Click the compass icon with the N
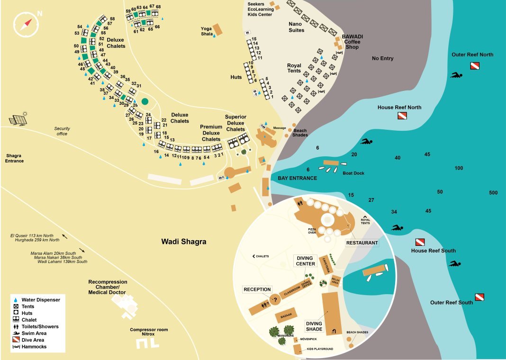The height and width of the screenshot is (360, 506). [26, 24]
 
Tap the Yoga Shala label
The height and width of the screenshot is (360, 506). [207, 31]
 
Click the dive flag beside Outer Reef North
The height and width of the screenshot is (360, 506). [475, 65]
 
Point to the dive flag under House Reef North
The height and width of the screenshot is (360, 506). [402, 116]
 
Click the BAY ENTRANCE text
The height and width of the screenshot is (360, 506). [297, 178]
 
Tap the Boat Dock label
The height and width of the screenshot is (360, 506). [353, 173]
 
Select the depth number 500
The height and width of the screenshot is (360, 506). [493, 193]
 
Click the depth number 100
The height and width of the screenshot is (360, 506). [459, 169]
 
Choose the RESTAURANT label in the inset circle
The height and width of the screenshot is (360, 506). [362, 243]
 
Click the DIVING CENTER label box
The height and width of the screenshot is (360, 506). [306, 261]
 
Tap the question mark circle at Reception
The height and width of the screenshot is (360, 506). [274, 299]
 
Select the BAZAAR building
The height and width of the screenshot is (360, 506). [286, 315]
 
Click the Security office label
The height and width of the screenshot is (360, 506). [62, 131]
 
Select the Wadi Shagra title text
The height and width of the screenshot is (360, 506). [183, 242]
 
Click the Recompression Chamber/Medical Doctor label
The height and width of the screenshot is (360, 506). [108, 287]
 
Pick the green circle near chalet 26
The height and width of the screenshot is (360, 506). [145, 101]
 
